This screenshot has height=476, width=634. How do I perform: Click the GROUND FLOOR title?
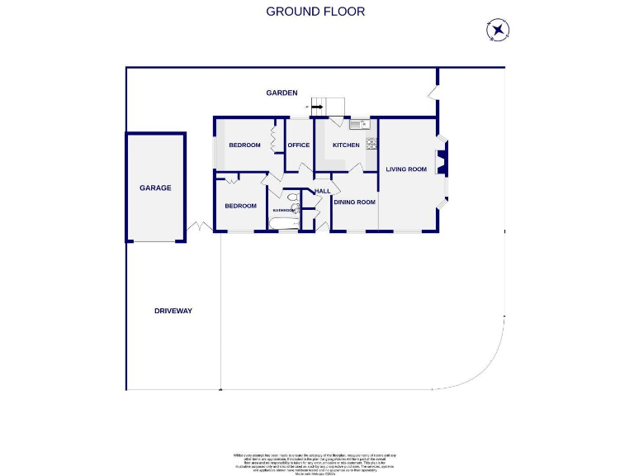point(315,12)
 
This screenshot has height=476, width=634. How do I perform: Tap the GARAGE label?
point(155,188)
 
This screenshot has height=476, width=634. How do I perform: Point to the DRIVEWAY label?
point(173,311)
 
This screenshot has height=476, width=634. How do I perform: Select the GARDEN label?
point(282,93)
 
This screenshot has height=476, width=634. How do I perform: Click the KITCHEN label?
point(346,145)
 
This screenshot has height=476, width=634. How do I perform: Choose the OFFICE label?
point(298,145)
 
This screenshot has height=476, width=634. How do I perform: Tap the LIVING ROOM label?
point(406,169)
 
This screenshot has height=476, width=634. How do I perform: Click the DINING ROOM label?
point(354,202)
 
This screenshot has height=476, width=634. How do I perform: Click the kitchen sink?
point(358,125)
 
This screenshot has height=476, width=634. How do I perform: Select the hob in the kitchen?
point(371,143)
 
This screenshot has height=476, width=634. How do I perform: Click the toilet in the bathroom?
point(293,198)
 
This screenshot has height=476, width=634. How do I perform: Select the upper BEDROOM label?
point(244,145)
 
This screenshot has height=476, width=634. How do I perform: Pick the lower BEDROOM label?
point(241,206)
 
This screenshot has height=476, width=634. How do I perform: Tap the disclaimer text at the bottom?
point(315,462)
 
